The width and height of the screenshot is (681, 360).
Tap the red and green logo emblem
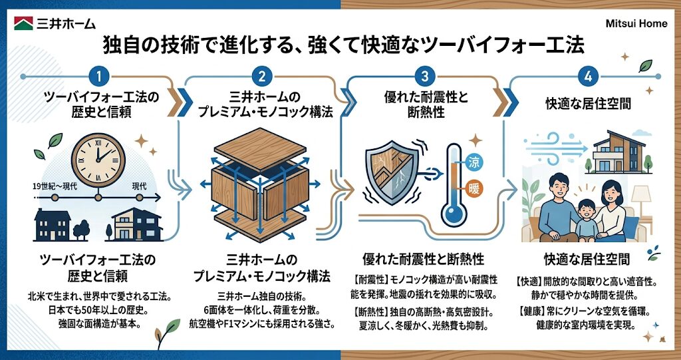(25, 23)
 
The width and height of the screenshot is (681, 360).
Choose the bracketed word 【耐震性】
(368, 279)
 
